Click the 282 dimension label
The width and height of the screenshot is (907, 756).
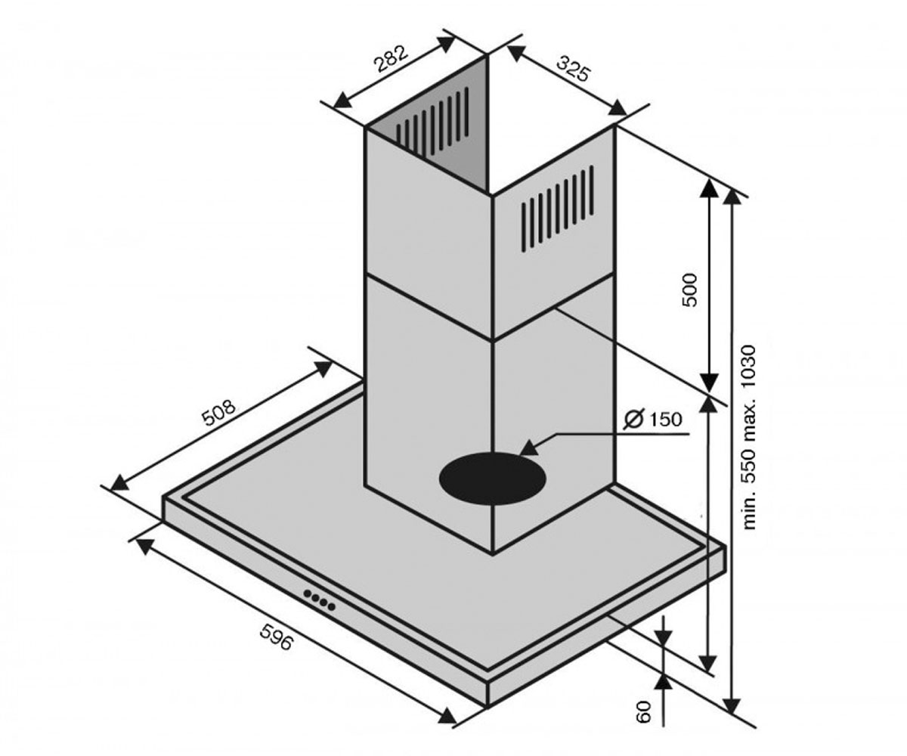click(x=392, y=58)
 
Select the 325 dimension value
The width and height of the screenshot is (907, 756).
click(x=574, y=68)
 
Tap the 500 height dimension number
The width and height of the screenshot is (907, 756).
click(x=689, y=290)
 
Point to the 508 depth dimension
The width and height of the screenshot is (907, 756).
click(x=220, y=412)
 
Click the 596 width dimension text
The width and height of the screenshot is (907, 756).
click(x=277, y=637)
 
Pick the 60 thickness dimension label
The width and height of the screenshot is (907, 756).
click(x=644, y=711)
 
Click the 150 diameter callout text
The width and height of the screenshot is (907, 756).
click(x=665, y=420)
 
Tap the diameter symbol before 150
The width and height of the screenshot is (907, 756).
click(x=634, y=420)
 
